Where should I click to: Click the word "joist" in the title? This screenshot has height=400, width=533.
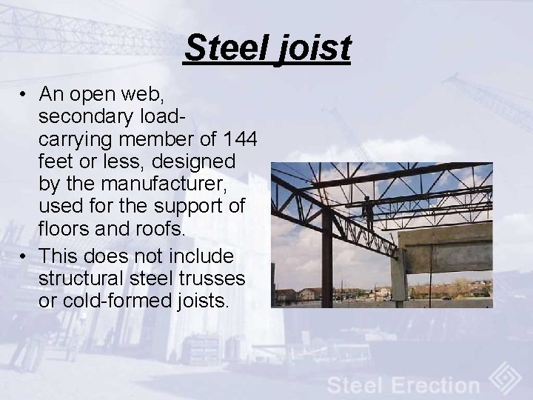coord(312,49)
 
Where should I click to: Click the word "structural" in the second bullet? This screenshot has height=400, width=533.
coord(77,279)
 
